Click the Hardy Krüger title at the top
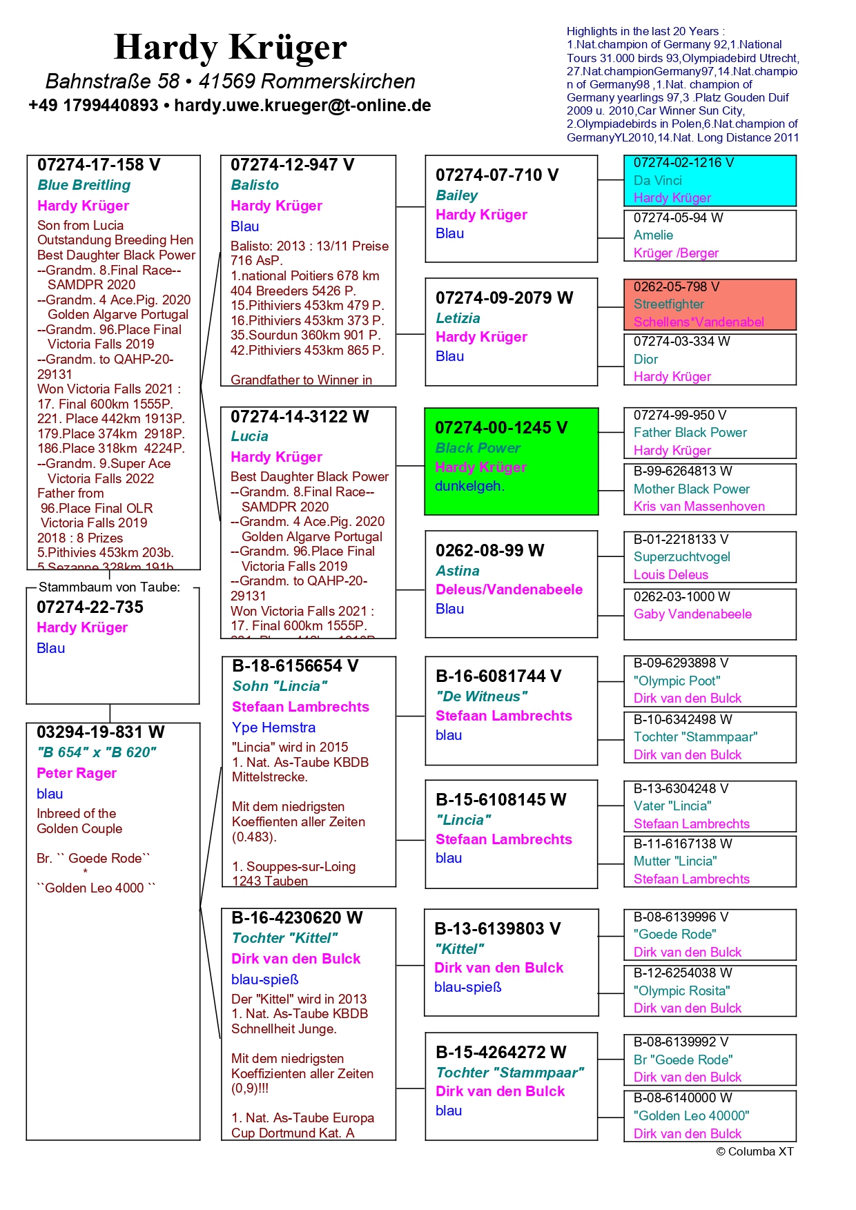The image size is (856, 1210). (x=230, y=48)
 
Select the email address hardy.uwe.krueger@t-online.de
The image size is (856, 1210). (x=302, y=106)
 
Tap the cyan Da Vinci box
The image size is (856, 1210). (x=710, y=180)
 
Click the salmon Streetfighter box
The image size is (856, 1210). (x=710, y=304)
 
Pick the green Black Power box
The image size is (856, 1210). (x=511, y=461)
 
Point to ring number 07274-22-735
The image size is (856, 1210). (x=90, y=607)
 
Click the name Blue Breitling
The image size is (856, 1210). (x=84, y=185)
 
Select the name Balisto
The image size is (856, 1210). (x=255, y=185)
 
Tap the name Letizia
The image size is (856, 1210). (x=458, y=318)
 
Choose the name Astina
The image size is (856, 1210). (x=457, y=571)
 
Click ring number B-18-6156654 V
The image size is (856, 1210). (x=295, y=666)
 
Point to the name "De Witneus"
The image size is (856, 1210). (x=481, y=696)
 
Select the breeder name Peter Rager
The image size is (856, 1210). (x=77, y=773)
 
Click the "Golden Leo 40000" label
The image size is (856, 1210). (x=691, y=1115)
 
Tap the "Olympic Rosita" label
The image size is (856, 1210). (x=681, y=991)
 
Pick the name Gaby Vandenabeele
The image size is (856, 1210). (x=692, y=614)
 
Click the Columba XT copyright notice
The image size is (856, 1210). (x=755, y=1151)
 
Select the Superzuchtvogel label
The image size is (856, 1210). (x=681, y=557)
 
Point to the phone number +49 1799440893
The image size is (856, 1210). (x=93, y=106)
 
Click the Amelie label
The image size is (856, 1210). (x=653, y=235)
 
